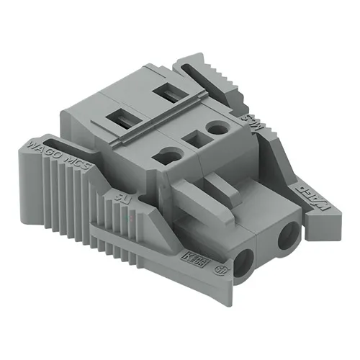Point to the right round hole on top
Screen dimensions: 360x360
tap(215, 128)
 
